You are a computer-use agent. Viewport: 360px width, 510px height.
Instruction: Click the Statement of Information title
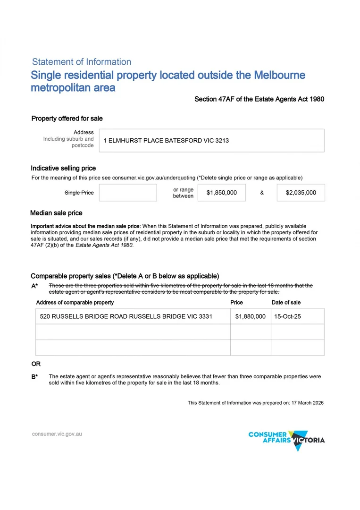coord(82,62)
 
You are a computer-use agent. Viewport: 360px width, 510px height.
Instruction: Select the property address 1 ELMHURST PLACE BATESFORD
coord(166,141)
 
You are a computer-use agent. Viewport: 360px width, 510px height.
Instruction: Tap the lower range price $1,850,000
coord(222,193)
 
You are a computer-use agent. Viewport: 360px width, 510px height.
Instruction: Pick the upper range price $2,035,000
coord(301,193)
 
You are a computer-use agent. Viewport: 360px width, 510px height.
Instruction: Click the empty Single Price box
coord(128,193)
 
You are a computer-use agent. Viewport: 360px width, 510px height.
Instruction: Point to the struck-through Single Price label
coord(79,193)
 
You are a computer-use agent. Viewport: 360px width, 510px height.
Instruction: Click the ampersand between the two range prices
coord(262,193)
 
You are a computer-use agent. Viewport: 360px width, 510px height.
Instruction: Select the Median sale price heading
coord(56,213)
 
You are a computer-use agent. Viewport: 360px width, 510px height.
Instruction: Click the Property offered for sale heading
coord(67,119)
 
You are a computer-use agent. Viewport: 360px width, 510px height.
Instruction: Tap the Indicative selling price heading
coord(63,168)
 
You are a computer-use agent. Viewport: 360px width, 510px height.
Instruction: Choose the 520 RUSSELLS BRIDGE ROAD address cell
coord(126,316)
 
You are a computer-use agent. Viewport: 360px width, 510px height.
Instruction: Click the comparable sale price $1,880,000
coord(250,316)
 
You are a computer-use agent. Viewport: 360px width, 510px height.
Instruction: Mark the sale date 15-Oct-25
coord(287,316)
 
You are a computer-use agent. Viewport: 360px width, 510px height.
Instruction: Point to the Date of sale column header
coord(286,303)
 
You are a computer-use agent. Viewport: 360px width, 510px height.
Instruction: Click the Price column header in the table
coord(236,303)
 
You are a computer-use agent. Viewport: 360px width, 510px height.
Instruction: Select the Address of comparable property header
coord(75,303)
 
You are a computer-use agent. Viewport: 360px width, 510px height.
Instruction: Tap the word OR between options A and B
coord(36,364)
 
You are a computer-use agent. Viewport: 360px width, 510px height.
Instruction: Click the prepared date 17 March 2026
coord(307,403)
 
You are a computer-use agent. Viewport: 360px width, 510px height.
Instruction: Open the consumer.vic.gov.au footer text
coord(57,433)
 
